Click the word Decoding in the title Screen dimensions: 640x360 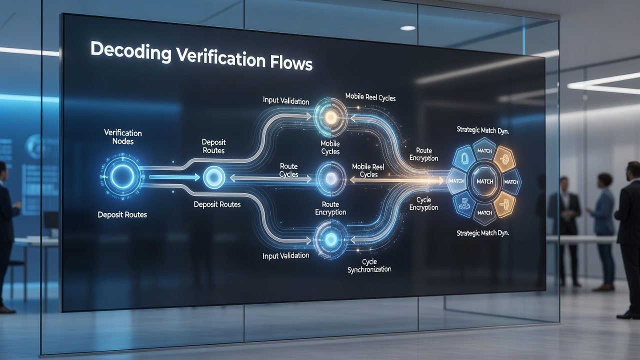click(x=131, y=51)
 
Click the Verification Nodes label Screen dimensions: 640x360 click(x=123, y=137)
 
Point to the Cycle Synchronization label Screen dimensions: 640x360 click(x=369, y=265)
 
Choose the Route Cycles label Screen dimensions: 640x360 click(x=289, y=170)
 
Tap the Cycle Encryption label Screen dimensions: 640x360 click(x=423, y=203)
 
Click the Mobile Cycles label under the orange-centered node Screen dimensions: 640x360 click(x=330, y=147)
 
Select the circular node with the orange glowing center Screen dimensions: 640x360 click(x=331, y=117)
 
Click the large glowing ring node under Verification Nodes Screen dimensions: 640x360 click(x=122, y=176)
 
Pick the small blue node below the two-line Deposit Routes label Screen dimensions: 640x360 click(x=214, y=177)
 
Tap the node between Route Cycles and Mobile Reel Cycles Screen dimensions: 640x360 click(x=331, y=179)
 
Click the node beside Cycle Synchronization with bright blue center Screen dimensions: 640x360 click(x=331, y=239)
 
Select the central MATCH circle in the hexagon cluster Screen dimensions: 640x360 click(x=485, y=181)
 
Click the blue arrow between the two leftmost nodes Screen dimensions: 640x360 click(x=174, y=177)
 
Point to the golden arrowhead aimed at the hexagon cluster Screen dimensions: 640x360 click(x=440, y=180)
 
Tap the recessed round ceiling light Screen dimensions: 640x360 click(x=407, y=28)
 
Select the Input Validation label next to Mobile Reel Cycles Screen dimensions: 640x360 click(x=285, y=100)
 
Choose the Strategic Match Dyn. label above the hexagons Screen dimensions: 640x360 click(x=482, y=130)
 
